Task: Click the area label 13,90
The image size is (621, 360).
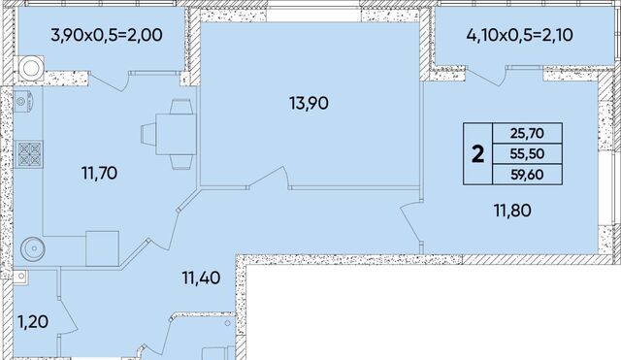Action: click(309, 104)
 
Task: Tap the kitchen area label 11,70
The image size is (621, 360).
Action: click(99, 174)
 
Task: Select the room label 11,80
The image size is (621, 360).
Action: click(512, 211)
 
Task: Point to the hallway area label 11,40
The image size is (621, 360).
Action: click(201, 278)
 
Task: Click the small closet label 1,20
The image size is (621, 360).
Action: click(33, 322)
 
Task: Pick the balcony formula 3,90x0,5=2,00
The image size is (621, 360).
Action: click(107, 35)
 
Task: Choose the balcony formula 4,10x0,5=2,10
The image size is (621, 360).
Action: click(520, 35)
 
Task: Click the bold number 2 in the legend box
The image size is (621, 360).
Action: click(478, 154)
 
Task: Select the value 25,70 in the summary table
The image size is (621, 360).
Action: click(527, 134)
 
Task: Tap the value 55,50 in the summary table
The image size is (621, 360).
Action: click(527, 153)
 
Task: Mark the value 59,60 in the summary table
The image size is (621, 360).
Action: click(527, 175)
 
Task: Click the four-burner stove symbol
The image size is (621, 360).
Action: click(30, 153)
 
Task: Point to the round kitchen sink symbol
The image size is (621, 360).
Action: click(33, 248)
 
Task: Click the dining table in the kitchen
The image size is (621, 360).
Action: click(177, 134)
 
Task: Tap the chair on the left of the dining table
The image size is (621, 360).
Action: click(148, 134)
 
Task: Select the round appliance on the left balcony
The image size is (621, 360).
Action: click(30, 69)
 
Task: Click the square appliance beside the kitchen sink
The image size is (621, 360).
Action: click(103, 248)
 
